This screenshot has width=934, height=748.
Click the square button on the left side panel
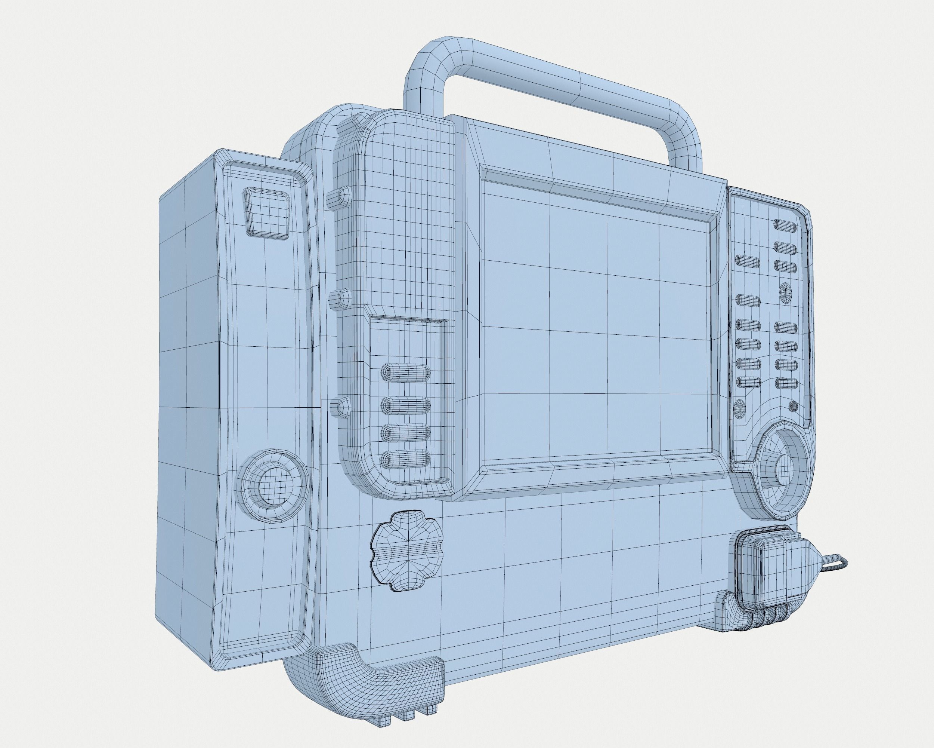coord(266,213)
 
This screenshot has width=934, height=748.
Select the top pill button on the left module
coord(405,372)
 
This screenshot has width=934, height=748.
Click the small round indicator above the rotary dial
coord(793,406)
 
